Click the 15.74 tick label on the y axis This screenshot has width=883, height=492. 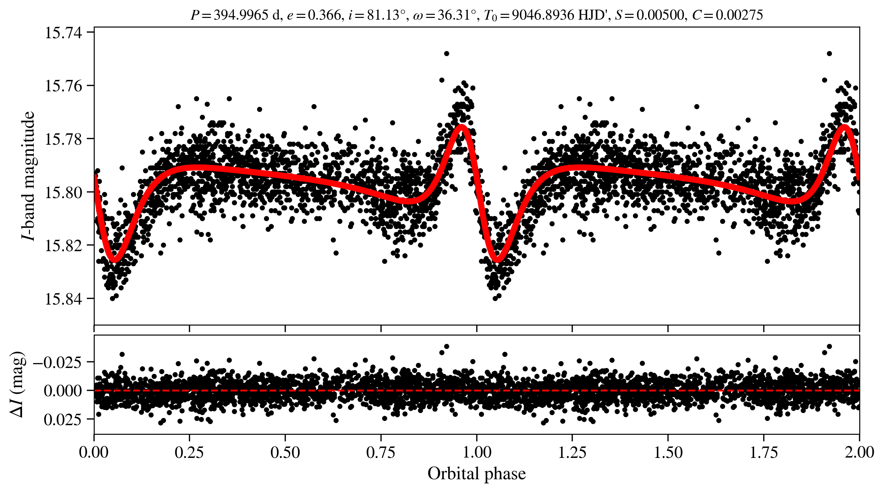pos(63,33)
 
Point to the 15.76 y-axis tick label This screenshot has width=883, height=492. pos(63,86)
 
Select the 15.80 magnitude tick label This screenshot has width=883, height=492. pos(63,192)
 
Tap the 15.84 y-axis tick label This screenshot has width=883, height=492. pos(63,299)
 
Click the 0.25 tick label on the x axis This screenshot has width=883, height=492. pos(189,452)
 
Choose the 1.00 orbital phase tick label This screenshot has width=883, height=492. pos(476,452)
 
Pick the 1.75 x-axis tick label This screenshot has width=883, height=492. pos(763,452)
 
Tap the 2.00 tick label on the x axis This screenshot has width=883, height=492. pos(859,452)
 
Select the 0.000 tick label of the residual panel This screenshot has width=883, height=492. pos(63,391)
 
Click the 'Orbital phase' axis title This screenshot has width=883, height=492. pos(476,474)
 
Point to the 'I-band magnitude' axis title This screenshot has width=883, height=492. pos(28,176)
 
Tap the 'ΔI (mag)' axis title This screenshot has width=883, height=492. pos(17,385)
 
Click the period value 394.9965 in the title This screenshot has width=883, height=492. pos(241,15)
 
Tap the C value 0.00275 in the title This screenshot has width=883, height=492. pos(739,15)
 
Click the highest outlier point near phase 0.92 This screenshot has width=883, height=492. pos(446,53)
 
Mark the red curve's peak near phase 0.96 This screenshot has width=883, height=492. pos(462,126)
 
